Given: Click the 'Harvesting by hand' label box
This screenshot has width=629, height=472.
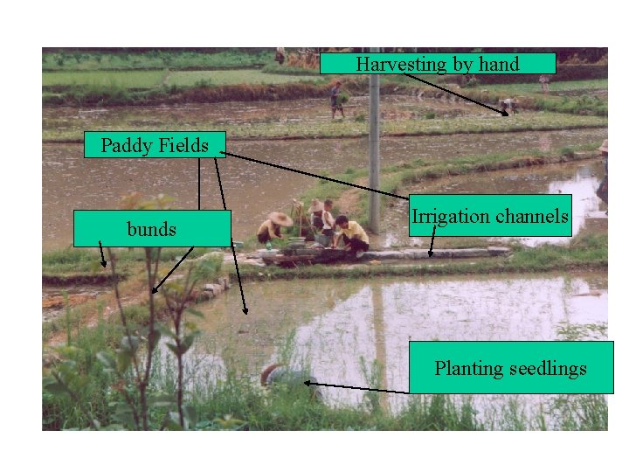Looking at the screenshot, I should [437, 64].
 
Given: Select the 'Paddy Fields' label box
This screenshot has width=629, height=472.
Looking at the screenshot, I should [155, 145].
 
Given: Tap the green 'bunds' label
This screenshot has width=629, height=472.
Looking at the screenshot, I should [151, 229].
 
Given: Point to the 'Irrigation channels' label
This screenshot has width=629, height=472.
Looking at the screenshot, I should [490, 216].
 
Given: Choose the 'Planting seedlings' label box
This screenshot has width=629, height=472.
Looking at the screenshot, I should [511, 368].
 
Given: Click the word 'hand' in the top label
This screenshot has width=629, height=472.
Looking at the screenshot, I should [497, 64].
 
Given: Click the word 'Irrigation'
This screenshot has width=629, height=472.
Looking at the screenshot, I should [453, 216].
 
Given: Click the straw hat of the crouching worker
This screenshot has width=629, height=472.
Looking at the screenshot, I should [280, 218].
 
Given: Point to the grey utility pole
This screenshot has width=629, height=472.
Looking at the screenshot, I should [374, 149].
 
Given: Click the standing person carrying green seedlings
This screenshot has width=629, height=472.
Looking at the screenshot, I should [336, 98].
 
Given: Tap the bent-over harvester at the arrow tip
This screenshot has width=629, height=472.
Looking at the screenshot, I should [508, 106].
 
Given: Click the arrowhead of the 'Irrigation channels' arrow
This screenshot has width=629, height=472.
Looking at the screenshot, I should [430, 254].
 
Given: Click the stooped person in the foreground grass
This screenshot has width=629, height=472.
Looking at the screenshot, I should [287, 377].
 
